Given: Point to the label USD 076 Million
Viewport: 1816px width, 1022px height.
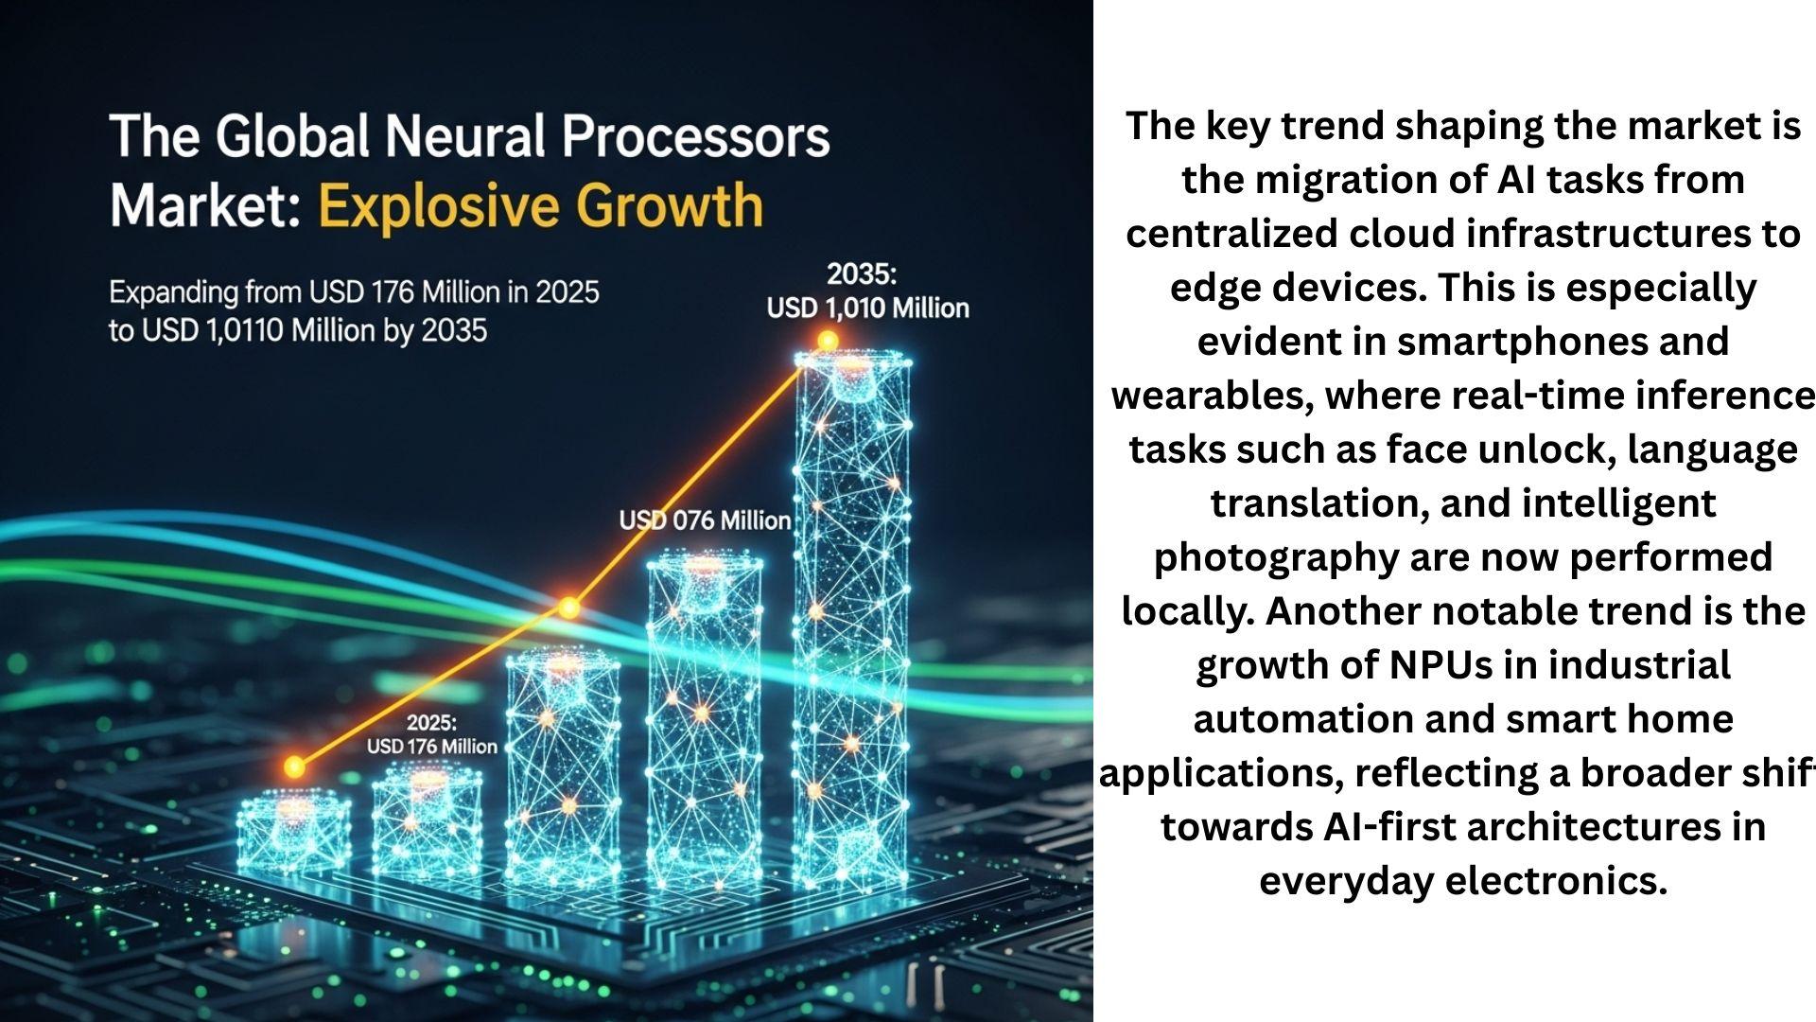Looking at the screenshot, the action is click(x=705, y=520).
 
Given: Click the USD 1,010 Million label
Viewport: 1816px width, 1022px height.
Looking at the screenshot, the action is click(x=867, y=308).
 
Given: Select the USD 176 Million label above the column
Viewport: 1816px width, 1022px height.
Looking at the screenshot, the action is click(x=431, y=747).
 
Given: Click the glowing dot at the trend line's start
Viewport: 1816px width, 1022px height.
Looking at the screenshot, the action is click(x=295, y=766).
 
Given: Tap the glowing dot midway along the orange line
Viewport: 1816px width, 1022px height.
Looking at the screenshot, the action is click(x=568, y=608).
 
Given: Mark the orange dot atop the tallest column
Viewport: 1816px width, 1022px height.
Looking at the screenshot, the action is click(x=828, y=341).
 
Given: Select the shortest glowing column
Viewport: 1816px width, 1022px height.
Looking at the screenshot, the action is click(x=293, y=833).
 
